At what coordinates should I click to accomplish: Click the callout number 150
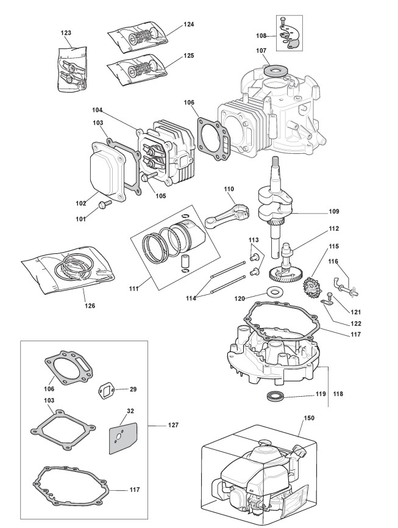[x=309, y=418]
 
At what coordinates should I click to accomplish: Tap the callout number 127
[x=173, y=425]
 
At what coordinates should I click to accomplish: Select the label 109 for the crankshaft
[x=334, y=211]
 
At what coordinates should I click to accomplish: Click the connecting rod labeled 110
[x=227, y=216]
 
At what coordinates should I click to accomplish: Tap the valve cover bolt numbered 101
[x=104, y=204]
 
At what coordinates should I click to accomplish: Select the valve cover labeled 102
[x=105, y=172]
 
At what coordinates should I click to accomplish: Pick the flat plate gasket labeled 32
[x=123, y=438]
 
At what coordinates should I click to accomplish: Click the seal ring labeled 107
[x=275, y=71]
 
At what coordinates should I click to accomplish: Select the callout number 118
[x=338, y=394]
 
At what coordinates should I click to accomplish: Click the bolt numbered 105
[x=149, y=176]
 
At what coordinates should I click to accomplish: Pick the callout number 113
[x=254, y=240]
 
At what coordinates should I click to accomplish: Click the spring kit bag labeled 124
[x=138, y=37]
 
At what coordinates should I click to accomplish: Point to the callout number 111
[x=134, y=289]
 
